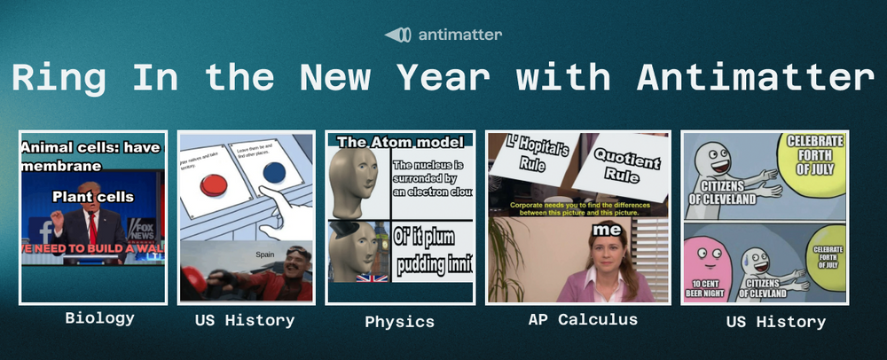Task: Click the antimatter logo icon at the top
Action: click(396, 35)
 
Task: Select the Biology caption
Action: click(99, 317)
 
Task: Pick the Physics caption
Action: click(399, 321)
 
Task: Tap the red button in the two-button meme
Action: click(215, 184)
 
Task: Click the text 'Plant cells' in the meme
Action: click(92, 196)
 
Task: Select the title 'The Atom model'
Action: click(401, 142)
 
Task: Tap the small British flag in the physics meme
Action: click(365, 278)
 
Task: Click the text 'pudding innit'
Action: click(433, 264)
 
